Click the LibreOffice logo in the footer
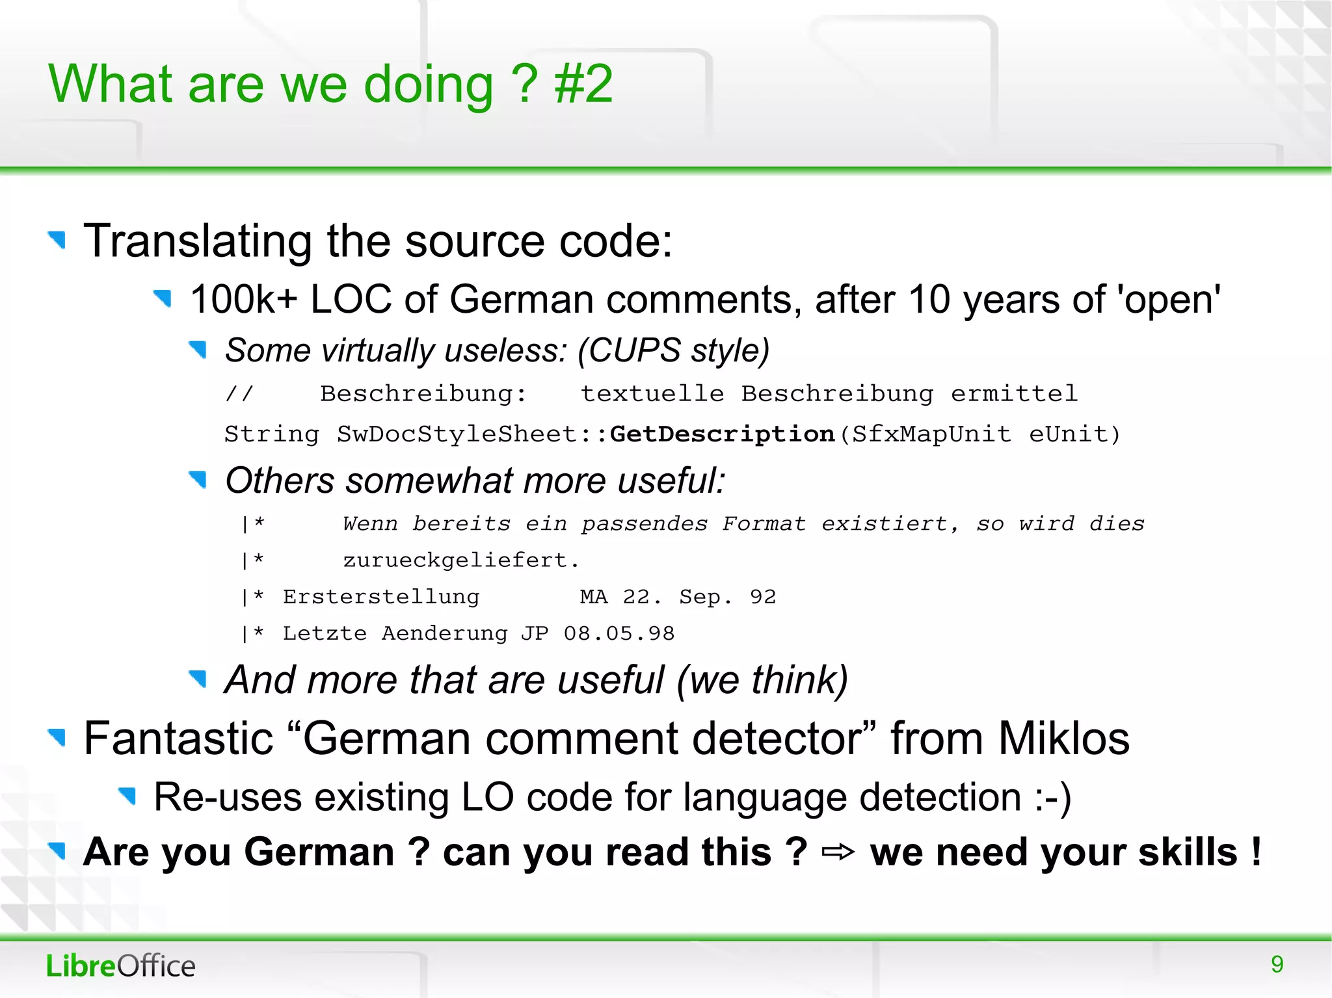[x=120, y=965]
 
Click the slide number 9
[x=1277, y=964]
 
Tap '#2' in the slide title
[x=583, y=84]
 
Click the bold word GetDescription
[x=722, y=434]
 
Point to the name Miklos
[x=1063, y=739]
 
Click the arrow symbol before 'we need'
[x=838, y=852]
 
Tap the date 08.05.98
[x=619, y=633]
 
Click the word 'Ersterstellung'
[x=381, y=597]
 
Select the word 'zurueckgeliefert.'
[x=460, y=560]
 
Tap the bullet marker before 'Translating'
[x=57, y=240]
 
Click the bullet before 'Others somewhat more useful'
[x=198, y=480]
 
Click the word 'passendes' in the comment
[x=644, y=523]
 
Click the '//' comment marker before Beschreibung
[x=239, y=393]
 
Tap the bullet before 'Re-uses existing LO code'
[x=127, y=795]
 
